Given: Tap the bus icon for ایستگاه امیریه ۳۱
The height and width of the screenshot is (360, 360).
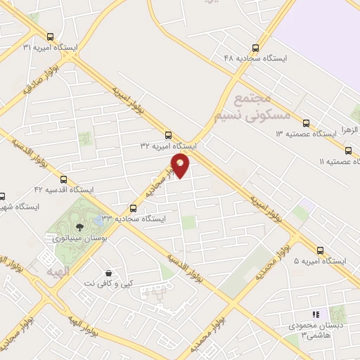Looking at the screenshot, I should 49,37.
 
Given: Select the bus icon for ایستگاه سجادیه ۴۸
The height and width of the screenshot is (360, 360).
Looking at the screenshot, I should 255,48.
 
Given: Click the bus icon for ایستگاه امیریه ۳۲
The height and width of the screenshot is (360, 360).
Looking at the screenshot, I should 167,135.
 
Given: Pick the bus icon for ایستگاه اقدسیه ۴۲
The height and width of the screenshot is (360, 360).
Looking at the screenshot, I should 64,179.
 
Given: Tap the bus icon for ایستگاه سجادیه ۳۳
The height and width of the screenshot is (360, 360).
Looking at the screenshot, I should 134,207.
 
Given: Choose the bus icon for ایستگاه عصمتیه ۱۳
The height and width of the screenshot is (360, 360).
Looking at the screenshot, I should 306,122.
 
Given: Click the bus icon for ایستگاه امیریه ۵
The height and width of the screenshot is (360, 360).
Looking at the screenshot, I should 321,250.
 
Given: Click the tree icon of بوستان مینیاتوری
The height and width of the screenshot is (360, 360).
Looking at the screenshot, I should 79,226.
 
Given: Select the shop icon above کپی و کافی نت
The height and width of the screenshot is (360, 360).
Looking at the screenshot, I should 108,273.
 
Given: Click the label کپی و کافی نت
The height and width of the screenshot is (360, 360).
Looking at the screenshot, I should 107,283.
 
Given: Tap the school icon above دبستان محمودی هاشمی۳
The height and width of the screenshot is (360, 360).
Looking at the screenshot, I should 316,315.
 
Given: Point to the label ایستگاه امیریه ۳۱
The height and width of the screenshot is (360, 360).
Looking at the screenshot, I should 51,48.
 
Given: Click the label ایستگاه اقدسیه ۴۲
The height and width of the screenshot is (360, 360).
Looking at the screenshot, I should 64,190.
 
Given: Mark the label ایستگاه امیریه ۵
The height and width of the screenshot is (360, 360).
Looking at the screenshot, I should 321,261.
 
